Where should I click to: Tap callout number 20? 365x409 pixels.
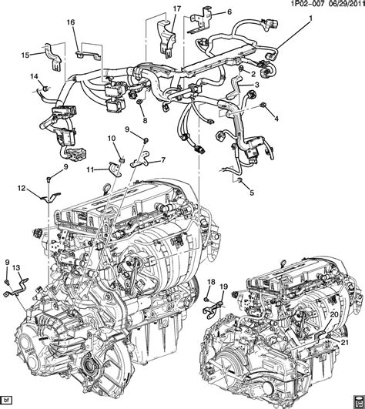(334, 314)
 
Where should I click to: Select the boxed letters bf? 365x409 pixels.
(9, 401)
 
